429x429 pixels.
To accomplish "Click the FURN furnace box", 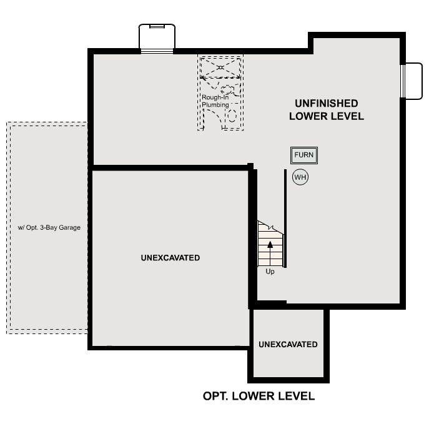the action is click(x=304, y=155).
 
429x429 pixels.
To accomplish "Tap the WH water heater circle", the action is click(x=300, y=177).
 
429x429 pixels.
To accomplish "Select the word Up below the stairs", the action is click(x=270, y=272).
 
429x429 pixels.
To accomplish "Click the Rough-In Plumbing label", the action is click(x=215, y=101).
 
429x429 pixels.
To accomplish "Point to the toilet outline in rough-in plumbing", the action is click(x=227, y=91).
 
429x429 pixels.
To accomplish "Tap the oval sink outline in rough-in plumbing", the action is click(x=232, y=116).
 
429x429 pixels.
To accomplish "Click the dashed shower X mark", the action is click(x=220, y=67).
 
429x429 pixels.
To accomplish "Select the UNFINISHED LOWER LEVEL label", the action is click(x=327, y=110).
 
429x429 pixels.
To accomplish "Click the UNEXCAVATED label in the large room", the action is click(x=170, y=258).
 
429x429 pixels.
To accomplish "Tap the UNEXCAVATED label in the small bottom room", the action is click(x=288, y=344).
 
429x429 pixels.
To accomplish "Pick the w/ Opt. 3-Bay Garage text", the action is click(x=49, y=227).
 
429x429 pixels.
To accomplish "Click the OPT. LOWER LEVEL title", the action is click(x=259, y=396).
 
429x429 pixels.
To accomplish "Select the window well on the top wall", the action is click(x=157, y=37).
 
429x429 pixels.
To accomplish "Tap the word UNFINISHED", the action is click(x=327, y=104).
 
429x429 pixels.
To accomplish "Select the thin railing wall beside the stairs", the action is click(x=285, y=219).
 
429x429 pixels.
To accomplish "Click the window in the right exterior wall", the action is click(x=403, y=81).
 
